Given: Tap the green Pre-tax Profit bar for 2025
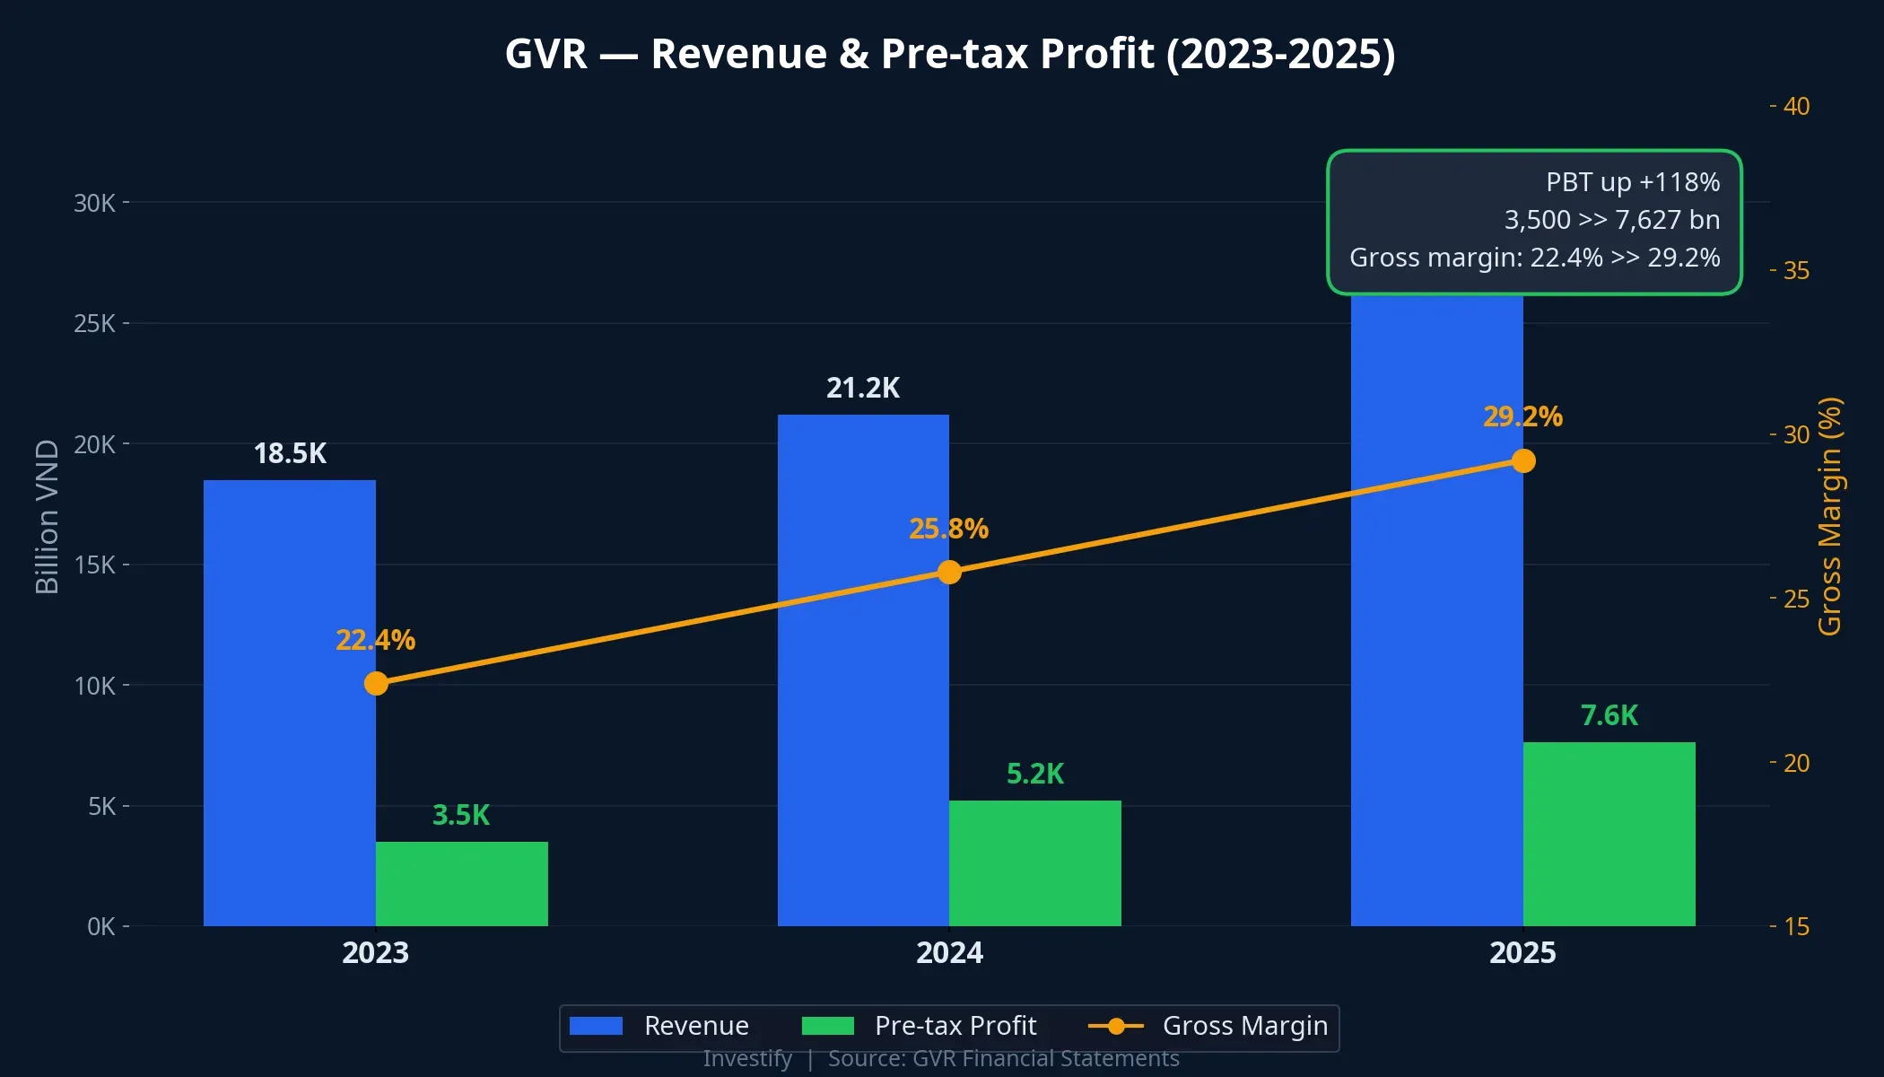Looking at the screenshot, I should [1609, 835].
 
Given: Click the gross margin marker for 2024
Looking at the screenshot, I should [949, 573].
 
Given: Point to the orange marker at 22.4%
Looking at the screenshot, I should [376, 684].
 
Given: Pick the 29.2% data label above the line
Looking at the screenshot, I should [1522, 417].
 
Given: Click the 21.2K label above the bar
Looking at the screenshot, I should [862, 389].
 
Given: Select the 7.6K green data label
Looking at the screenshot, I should [1609, 716].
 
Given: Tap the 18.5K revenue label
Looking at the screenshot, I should [290, 454].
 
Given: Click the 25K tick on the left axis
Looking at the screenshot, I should [94, 324].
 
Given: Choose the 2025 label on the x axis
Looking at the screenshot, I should [1522, 953].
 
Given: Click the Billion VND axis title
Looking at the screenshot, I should [47, 517].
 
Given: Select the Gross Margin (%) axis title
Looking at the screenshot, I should [1829, 517].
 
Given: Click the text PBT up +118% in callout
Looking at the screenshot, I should [1632, 182].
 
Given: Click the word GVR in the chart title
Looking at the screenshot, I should [545, 54].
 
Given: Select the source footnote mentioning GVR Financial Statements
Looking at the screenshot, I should [1003, 1059].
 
